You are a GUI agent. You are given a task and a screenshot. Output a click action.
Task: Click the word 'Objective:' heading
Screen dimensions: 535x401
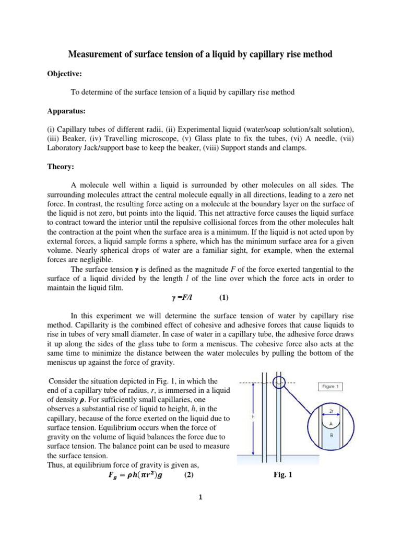[x=64, y=74]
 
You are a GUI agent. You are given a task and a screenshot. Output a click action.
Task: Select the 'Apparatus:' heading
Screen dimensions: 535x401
[x=65, y=111]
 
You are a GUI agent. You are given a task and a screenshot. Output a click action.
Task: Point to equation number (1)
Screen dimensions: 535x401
[x=224, y=298]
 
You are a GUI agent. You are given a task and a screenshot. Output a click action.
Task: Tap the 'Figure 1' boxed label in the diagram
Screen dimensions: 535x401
[x=333, y=387]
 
